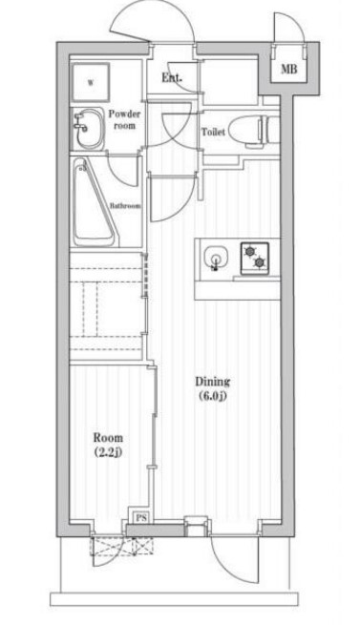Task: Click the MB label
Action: point(289,69)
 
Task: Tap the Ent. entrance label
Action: point(172,77)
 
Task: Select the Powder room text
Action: point(124,119)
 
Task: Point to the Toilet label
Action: point(213,132)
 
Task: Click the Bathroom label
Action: point(125,206)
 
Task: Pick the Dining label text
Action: point(212,382)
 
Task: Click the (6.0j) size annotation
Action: point(212,396)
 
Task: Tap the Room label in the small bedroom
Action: point(108,438)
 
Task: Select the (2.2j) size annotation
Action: point(108,452)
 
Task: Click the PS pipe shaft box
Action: point(141,518)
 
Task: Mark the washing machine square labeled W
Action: point(91,82)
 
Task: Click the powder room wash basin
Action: point(89,129)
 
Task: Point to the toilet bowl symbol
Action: point(254,132)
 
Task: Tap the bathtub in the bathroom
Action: point(95,203)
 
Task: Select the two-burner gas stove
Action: point(255,259)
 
